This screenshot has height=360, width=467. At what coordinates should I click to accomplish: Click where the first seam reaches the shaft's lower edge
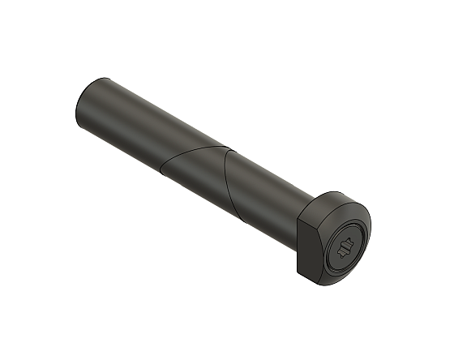coord(160,174)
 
